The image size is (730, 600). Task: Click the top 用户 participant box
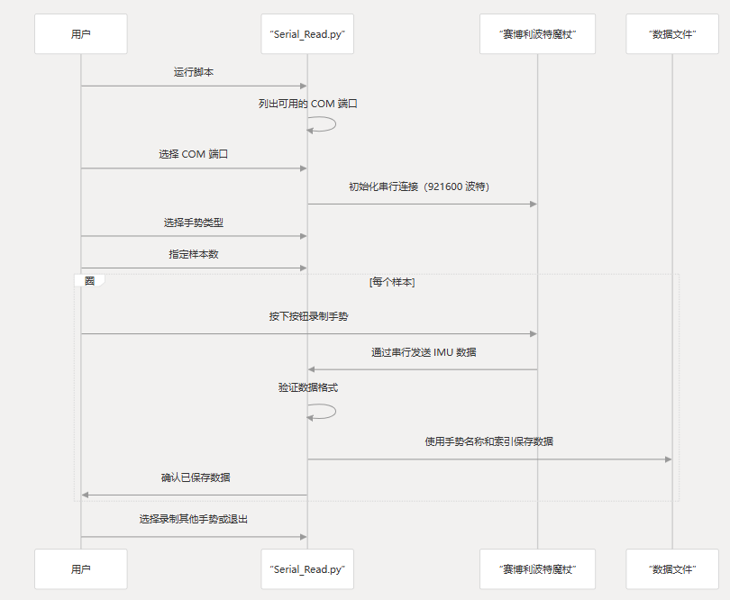80,34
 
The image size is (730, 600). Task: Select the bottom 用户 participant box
80,569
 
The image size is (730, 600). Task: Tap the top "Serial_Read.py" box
307,34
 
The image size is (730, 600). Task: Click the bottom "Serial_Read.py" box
307,569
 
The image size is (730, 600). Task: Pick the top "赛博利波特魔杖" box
537,34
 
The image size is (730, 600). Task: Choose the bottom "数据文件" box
672,569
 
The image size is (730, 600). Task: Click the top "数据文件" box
672,34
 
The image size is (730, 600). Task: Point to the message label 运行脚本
194,72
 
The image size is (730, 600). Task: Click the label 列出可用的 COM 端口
308,104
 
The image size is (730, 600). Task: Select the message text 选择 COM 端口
194,154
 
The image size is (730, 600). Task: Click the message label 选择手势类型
194,222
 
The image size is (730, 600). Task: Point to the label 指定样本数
194,254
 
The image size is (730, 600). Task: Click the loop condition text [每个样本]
392,282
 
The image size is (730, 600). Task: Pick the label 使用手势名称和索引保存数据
489,441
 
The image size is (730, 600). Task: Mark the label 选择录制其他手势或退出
194,520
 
